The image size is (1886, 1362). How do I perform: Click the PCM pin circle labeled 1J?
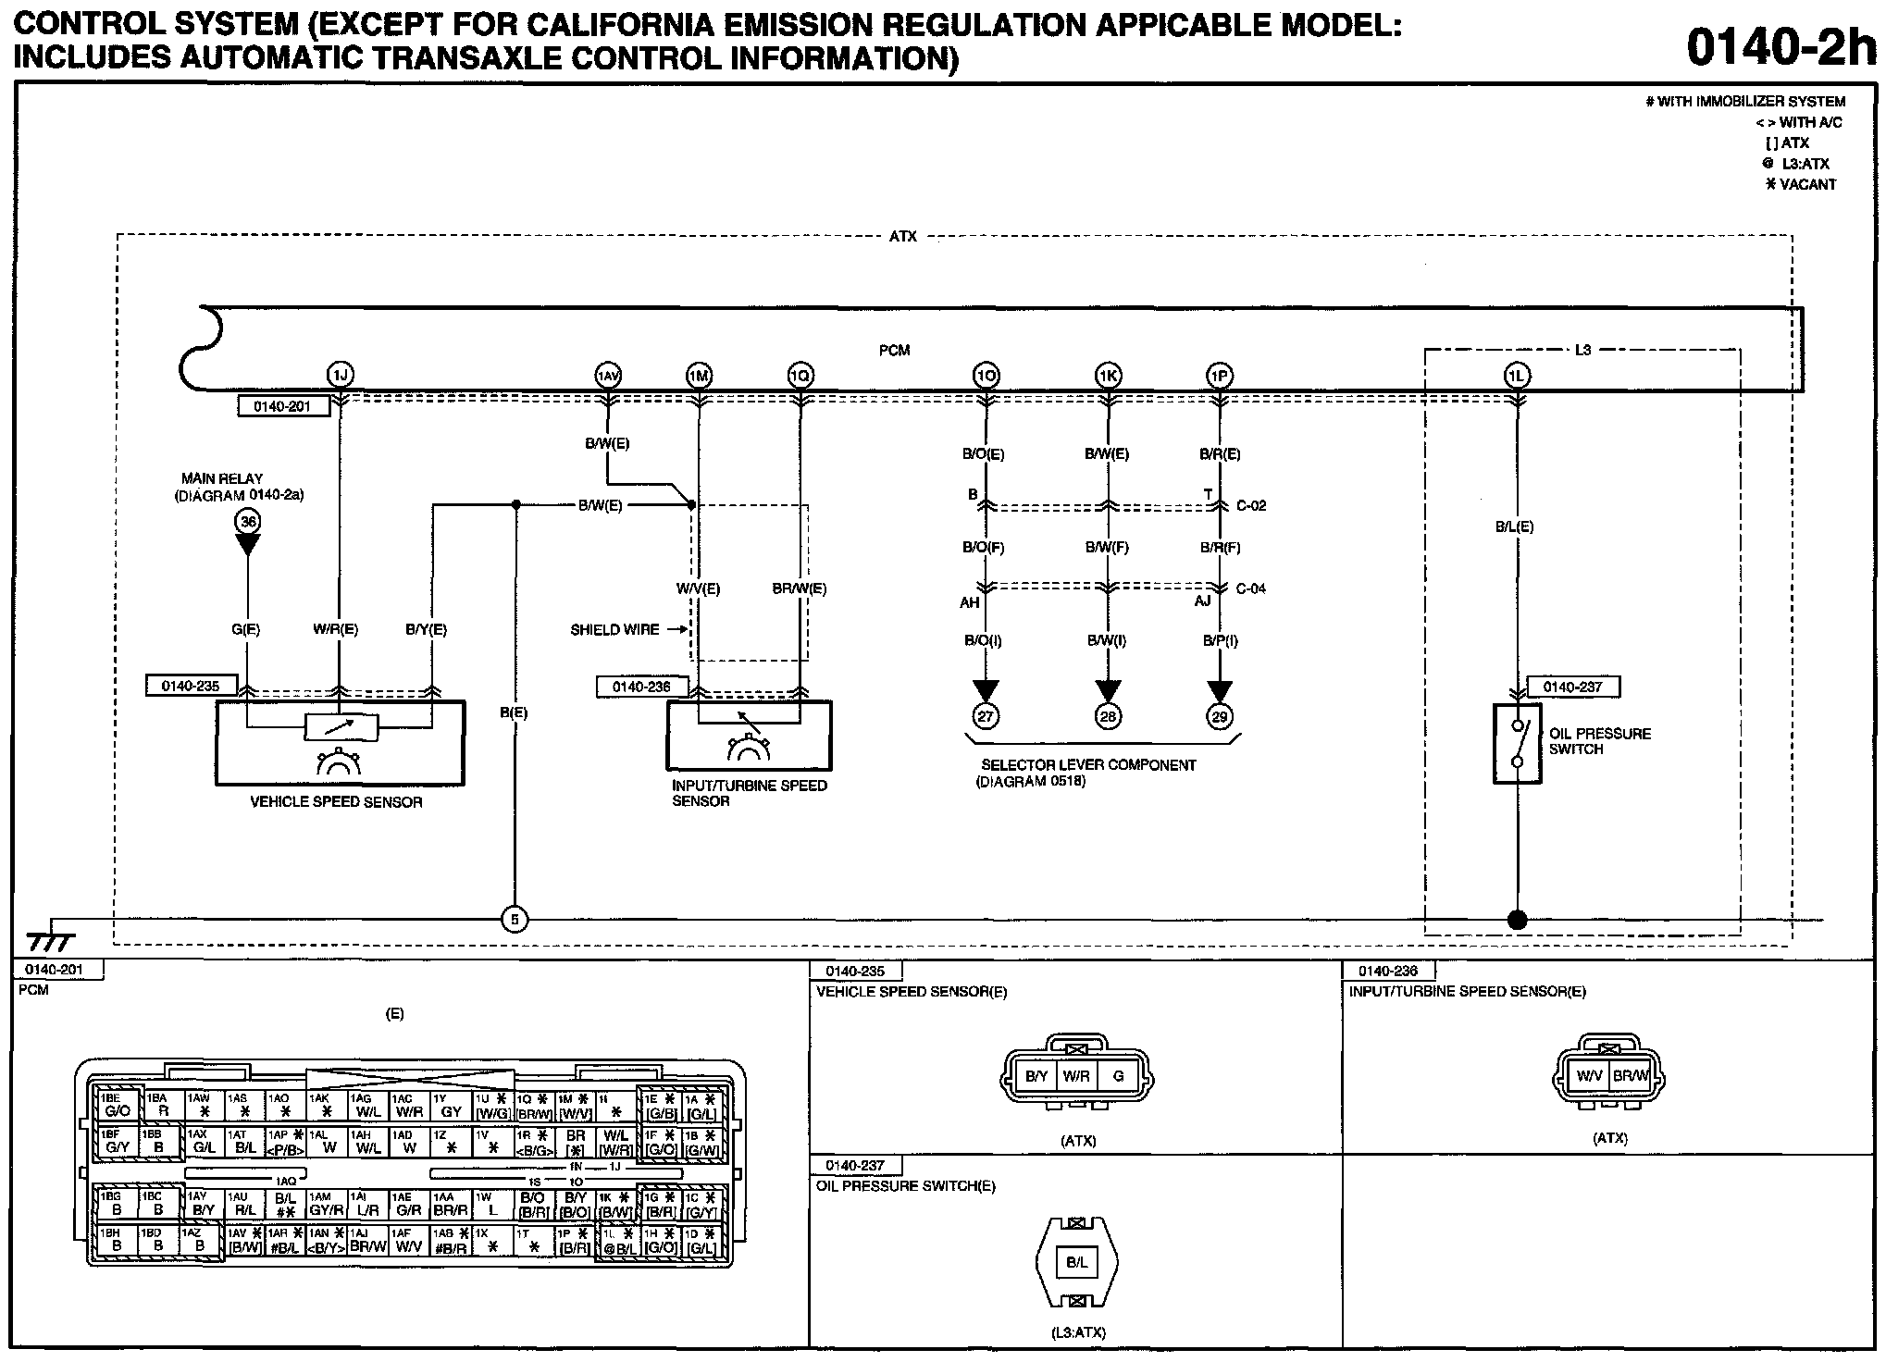341,375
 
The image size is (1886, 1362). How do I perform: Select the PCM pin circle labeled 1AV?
607,375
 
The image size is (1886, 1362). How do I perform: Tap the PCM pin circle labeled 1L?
1517,375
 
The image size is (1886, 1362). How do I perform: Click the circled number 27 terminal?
986,716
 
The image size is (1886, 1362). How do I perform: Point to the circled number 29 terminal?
1220,716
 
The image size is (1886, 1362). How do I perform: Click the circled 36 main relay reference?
248,522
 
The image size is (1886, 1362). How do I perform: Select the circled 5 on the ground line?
515,920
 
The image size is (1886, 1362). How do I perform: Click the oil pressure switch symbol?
1517,744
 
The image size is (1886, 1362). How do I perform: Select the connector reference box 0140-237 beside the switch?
1572,687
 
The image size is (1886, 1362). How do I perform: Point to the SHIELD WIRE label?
614,630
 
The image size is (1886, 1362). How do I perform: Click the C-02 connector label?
1250,506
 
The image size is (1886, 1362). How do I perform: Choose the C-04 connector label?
1250,588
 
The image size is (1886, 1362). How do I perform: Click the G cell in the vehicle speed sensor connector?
1118,1076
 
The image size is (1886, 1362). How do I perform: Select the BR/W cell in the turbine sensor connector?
1630,1075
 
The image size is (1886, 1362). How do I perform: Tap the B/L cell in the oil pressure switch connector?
1076,1262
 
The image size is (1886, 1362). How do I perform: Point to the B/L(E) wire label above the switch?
1514,526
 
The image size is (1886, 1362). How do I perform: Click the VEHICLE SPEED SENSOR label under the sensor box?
336,802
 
